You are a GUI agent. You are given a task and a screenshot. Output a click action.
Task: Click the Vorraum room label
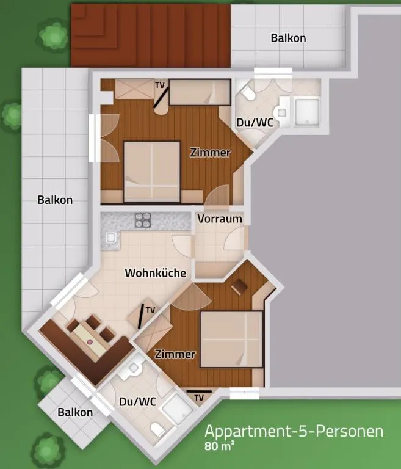tap(220, 219)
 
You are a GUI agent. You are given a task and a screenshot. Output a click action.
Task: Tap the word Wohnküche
tap(156, 273)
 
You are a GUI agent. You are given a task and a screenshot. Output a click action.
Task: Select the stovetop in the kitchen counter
tap(143, 220)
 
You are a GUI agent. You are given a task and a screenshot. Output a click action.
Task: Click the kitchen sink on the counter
tap(111, 238)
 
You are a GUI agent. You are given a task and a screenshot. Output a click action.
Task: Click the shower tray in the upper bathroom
tap(307, 112)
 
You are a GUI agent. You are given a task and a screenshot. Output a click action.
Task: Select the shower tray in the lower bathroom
tap(178, 409)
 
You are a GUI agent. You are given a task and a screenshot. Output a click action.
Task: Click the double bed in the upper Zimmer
tap(152, 172)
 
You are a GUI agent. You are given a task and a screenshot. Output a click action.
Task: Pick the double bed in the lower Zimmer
tap(231, 339)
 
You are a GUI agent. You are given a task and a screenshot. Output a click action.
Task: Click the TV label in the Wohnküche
tap(150, 310)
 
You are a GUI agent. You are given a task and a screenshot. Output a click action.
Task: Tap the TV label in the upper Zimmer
tap(160, 85)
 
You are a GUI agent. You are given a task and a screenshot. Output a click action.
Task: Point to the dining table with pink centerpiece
tap(90, 340)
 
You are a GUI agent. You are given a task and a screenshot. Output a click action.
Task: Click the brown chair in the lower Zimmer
tap(239, 286)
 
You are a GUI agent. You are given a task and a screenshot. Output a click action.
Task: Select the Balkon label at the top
tap(288, 38)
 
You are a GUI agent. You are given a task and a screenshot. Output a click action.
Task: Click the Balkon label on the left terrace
tap(55, 200)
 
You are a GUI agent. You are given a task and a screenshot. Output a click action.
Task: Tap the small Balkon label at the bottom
tap(75, 412)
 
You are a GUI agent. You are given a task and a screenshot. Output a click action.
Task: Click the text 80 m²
tap(219, 446)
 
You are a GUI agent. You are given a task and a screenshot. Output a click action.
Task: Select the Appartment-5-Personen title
tap(294, 431)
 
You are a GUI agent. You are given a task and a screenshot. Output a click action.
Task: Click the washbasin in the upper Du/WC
tap(282, 112)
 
